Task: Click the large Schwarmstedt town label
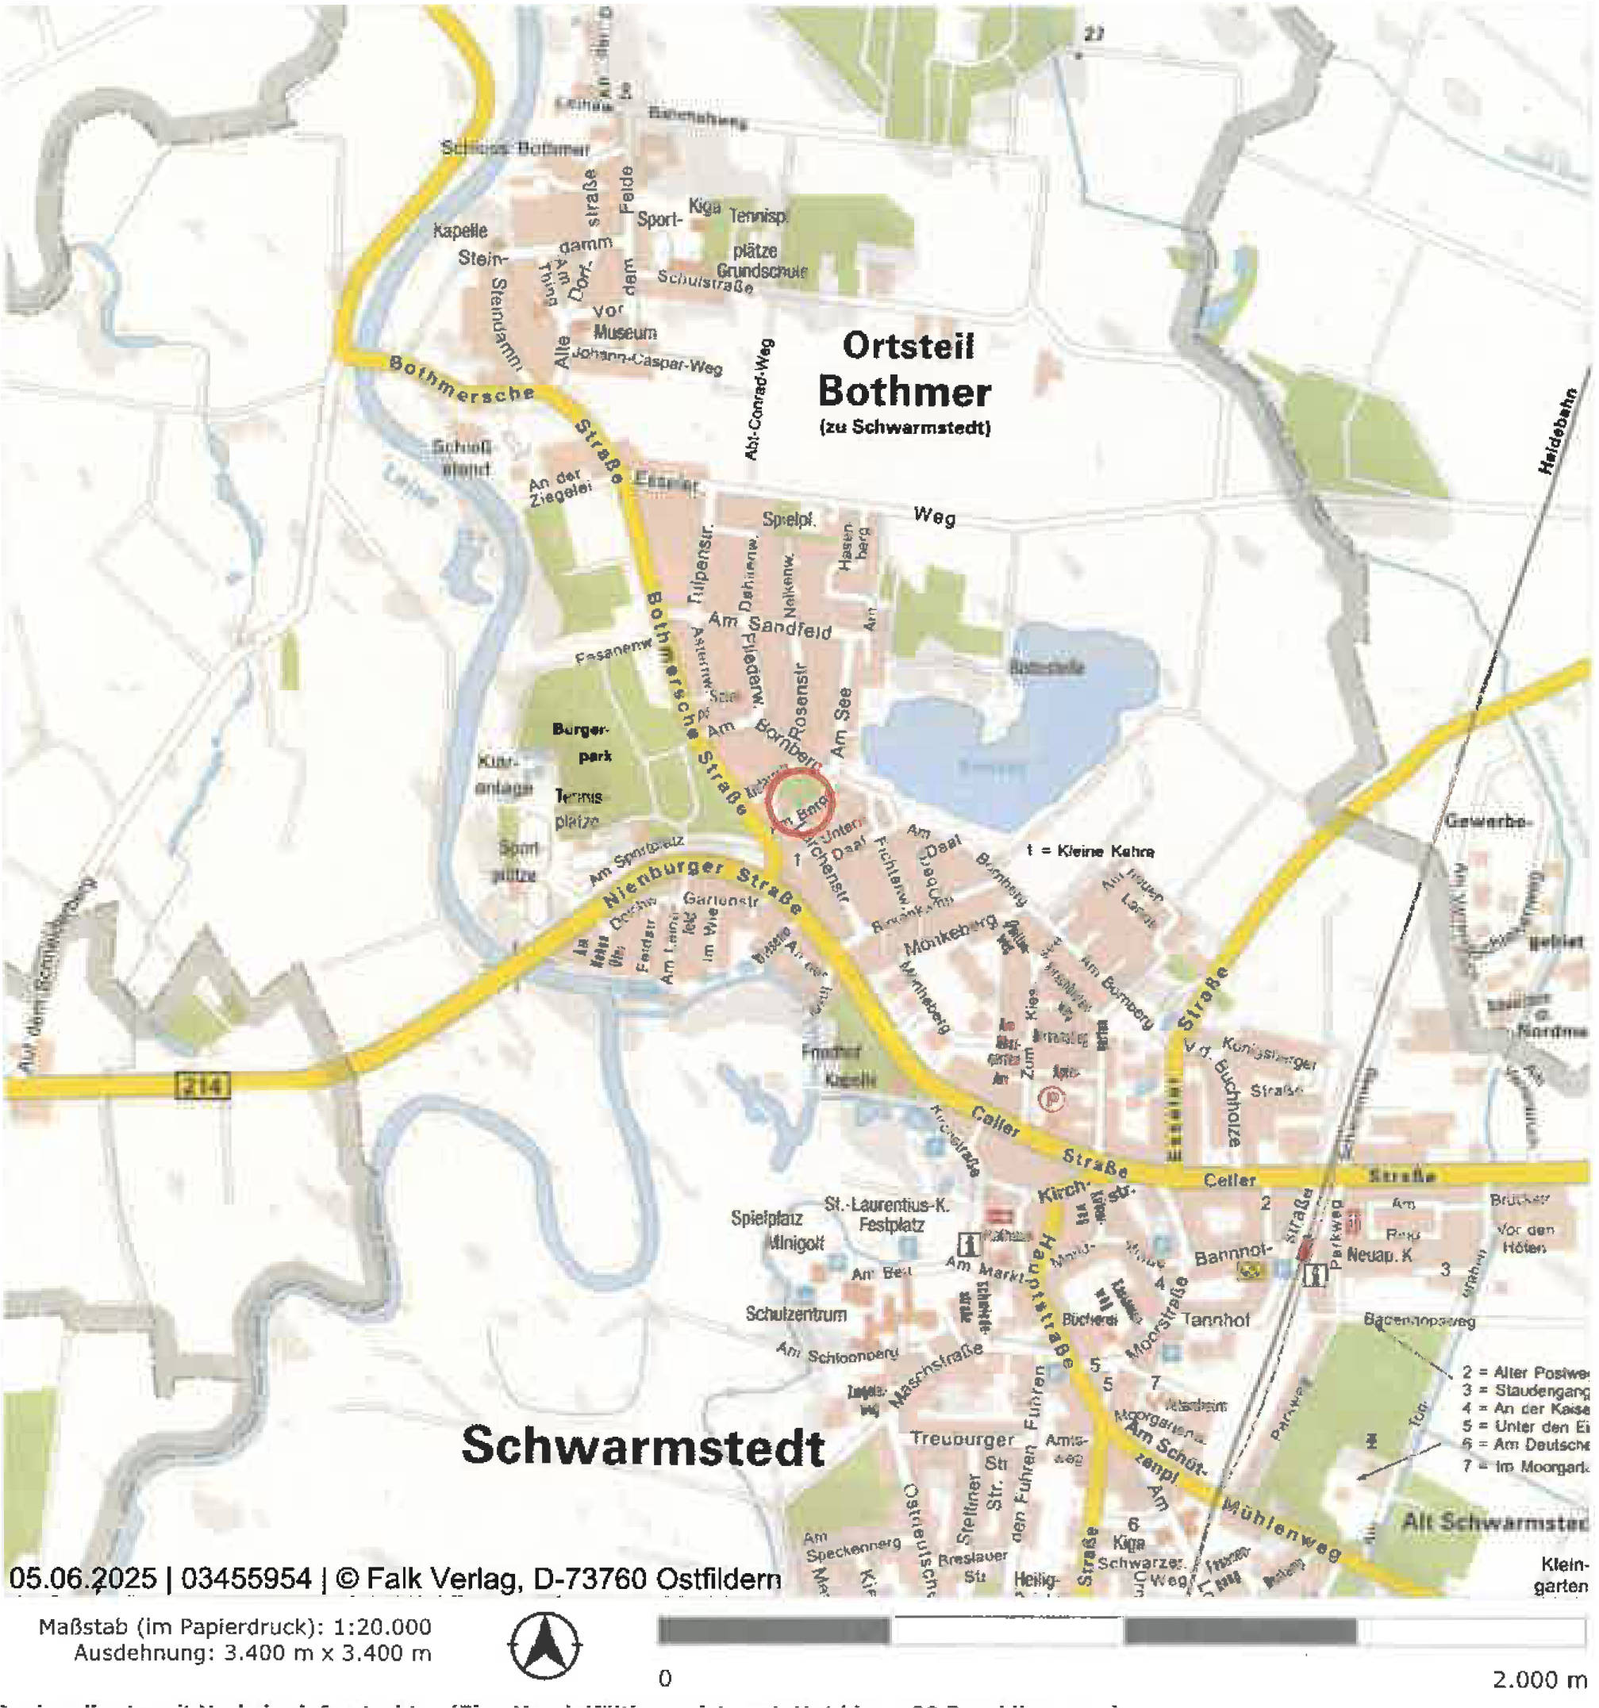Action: (643, 1447)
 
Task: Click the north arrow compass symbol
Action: (543, 1646)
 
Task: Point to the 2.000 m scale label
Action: (1538, 1679)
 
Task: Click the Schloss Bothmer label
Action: (515, 148)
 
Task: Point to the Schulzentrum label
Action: (796, 1314)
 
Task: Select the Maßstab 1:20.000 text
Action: (235, 1626)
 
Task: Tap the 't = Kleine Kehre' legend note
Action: (1090, 851)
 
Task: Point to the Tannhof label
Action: (1216, 1319)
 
